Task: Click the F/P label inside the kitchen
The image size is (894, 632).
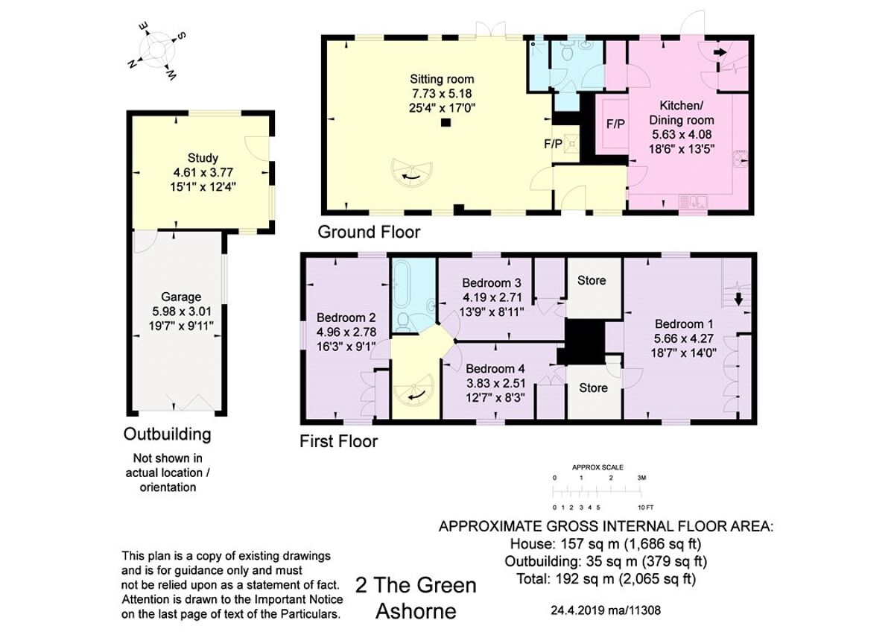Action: click(615, 124)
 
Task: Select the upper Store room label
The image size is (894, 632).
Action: click(592, 281)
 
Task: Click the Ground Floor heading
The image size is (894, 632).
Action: click(369, 232)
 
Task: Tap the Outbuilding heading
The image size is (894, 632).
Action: click(168, 434)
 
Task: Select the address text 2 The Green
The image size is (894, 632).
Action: click(416, 585)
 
